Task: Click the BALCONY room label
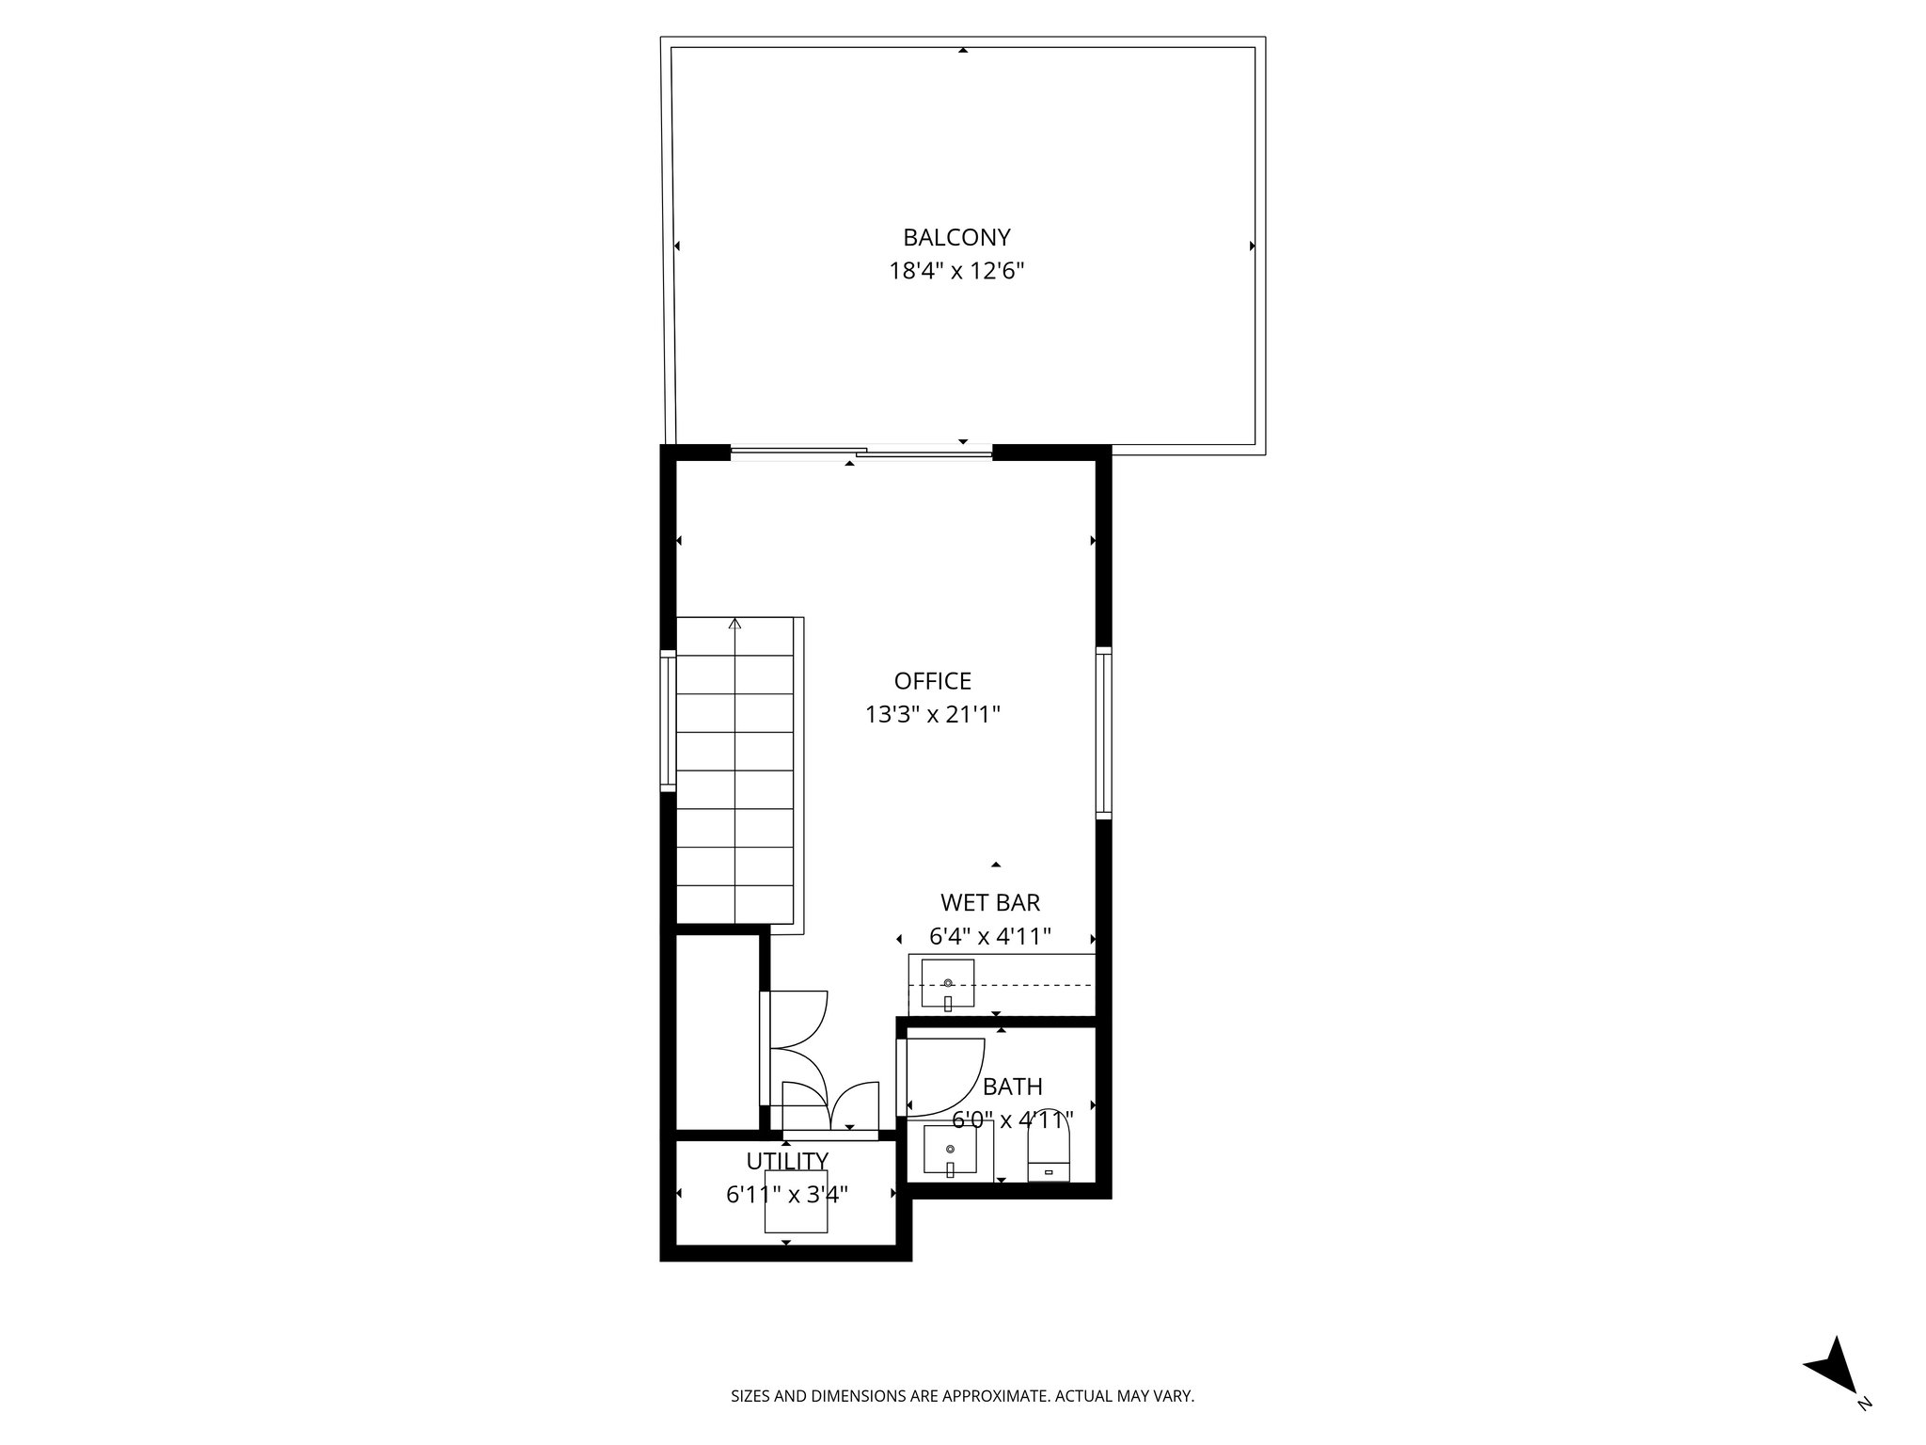(x=956, y=237)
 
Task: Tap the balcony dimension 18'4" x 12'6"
(x=956, y=272)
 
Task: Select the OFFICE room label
(x=932, y=681)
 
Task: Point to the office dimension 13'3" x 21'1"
(x=932, y=715)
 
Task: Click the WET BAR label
(x=989, y=903)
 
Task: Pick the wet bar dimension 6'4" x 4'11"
(x=989, y=937)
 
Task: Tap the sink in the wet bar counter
(x=947, y=984)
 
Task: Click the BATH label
(x=1012, y=1088)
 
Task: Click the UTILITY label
(x=787, y=1161)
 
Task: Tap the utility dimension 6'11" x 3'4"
(x=787, y=1195)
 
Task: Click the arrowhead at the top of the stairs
(x=734, y=623)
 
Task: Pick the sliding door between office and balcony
(x=860, y=453)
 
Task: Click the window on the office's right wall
(x=1104, y=731)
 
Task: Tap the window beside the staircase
(x=668, y=721)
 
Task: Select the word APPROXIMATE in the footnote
(x=993, y=1397)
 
